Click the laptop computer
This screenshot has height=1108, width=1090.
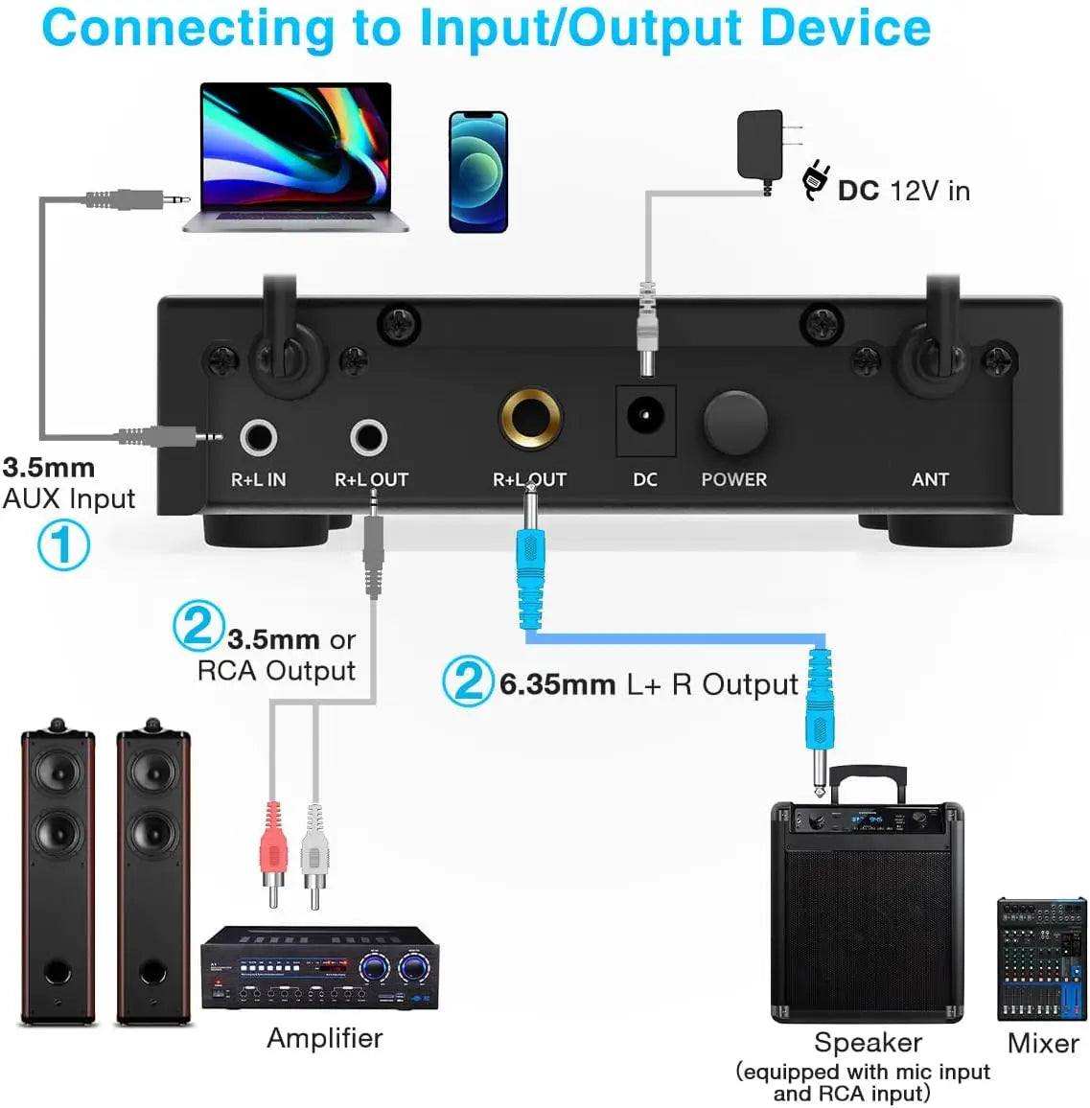click(295, 158)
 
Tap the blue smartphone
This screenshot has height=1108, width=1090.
click(477, 172)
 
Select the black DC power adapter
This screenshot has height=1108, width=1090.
click(762, 145)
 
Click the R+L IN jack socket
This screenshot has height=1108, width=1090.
click(258, 437)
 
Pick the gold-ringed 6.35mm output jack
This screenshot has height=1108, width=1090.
click(530, 418)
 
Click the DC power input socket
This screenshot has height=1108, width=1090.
click(645, 417)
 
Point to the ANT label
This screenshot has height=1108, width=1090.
click(930, 479)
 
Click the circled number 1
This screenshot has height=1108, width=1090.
click(63, 545)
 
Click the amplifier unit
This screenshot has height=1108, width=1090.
click(319, 968)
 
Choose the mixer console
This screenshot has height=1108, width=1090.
click(1042, 958)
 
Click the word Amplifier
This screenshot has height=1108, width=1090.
click(324, 1038)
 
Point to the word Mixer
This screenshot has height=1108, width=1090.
click(1043, 1043)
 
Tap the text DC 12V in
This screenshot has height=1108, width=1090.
click(903, 191)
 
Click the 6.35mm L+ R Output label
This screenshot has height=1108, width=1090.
click(648, 684)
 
